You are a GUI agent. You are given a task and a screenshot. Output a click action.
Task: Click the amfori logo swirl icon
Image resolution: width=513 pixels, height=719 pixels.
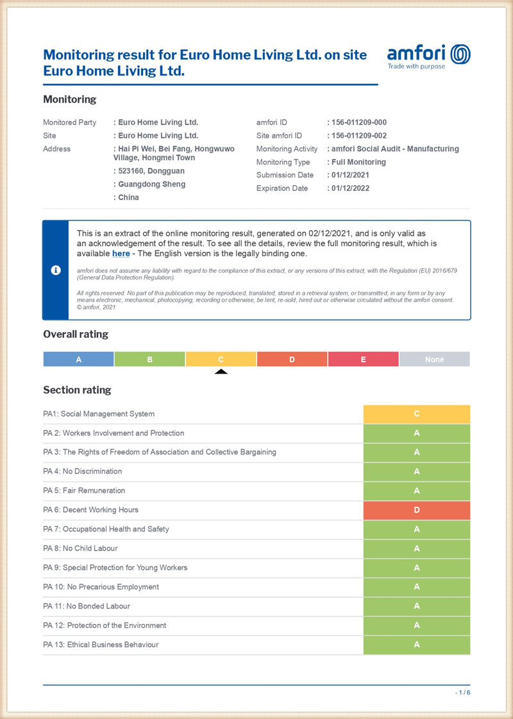coord(460,54)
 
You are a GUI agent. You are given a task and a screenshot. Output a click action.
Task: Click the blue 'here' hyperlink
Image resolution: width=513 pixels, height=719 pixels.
coord(121,254)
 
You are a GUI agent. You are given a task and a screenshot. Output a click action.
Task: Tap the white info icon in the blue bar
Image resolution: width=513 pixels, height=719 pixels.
coord(56,270)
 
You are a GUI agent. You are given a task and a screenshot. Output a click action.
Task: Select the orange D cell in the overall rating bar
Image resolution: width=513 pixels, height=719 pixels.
coord(292,359)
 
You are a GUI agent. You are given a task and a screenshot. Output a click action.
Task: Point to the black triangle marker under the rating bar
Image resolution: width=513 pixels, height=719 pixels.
coord(221,371)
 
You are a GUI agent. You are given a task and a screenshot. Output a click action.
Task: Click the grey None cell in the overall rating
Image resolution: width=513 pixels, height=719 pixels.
coord(434,359)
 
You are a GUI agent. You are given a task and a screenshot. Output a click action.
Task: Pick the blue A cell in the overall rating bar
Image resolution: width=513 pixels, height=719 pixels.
coord(79,359)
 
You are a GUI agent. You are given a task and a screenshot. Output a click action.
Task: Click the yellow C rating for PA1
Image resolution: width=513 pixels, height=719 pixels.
coord(416,414)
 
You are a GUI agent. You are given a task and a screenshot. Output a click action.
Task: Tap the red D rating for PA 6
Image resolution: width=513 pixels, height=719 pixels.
coord(416,510)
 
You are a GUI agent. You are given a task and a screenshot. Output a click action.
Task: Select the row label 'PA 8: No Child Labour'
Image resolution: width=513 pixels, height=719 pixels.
coord(80,549)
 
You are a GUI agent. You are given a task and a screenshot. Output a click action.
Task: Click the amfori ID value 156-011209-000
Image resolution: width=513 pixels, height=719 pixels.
coord(359,122)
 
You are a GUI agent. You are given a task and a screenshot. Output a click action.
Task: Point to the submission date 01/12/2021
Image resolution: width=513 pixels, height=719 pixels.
coord(350,175)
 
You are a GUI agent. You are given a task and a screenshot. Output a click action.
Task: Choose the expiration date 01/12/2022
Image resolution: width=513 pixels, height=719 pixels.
coord(350,188)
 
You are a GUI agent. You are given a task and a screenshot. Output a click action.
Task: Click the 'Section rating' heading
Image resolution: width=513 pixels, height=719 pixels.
coord(77,390)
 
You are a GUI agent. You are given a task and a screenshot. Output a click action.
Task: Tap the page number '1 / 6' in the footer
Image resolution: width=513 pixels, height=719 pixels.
coord(462,693)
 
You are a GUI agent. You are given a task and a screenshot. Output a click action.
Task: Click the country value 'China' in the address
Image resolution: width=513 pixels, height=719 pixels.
coord(128,197)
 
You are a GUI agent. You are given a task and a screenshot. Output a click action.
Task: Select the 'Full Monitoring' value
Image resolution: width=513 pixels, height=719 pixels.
coord(358,162)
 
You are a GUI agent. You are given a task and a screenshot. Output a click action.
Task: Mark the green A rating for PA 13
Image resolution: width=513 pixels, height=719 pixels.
coord(416,645)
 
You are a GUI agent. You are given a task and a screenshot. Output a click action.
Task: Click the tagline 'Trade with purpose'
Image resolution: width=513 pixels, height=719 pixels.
coord(416,67)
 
